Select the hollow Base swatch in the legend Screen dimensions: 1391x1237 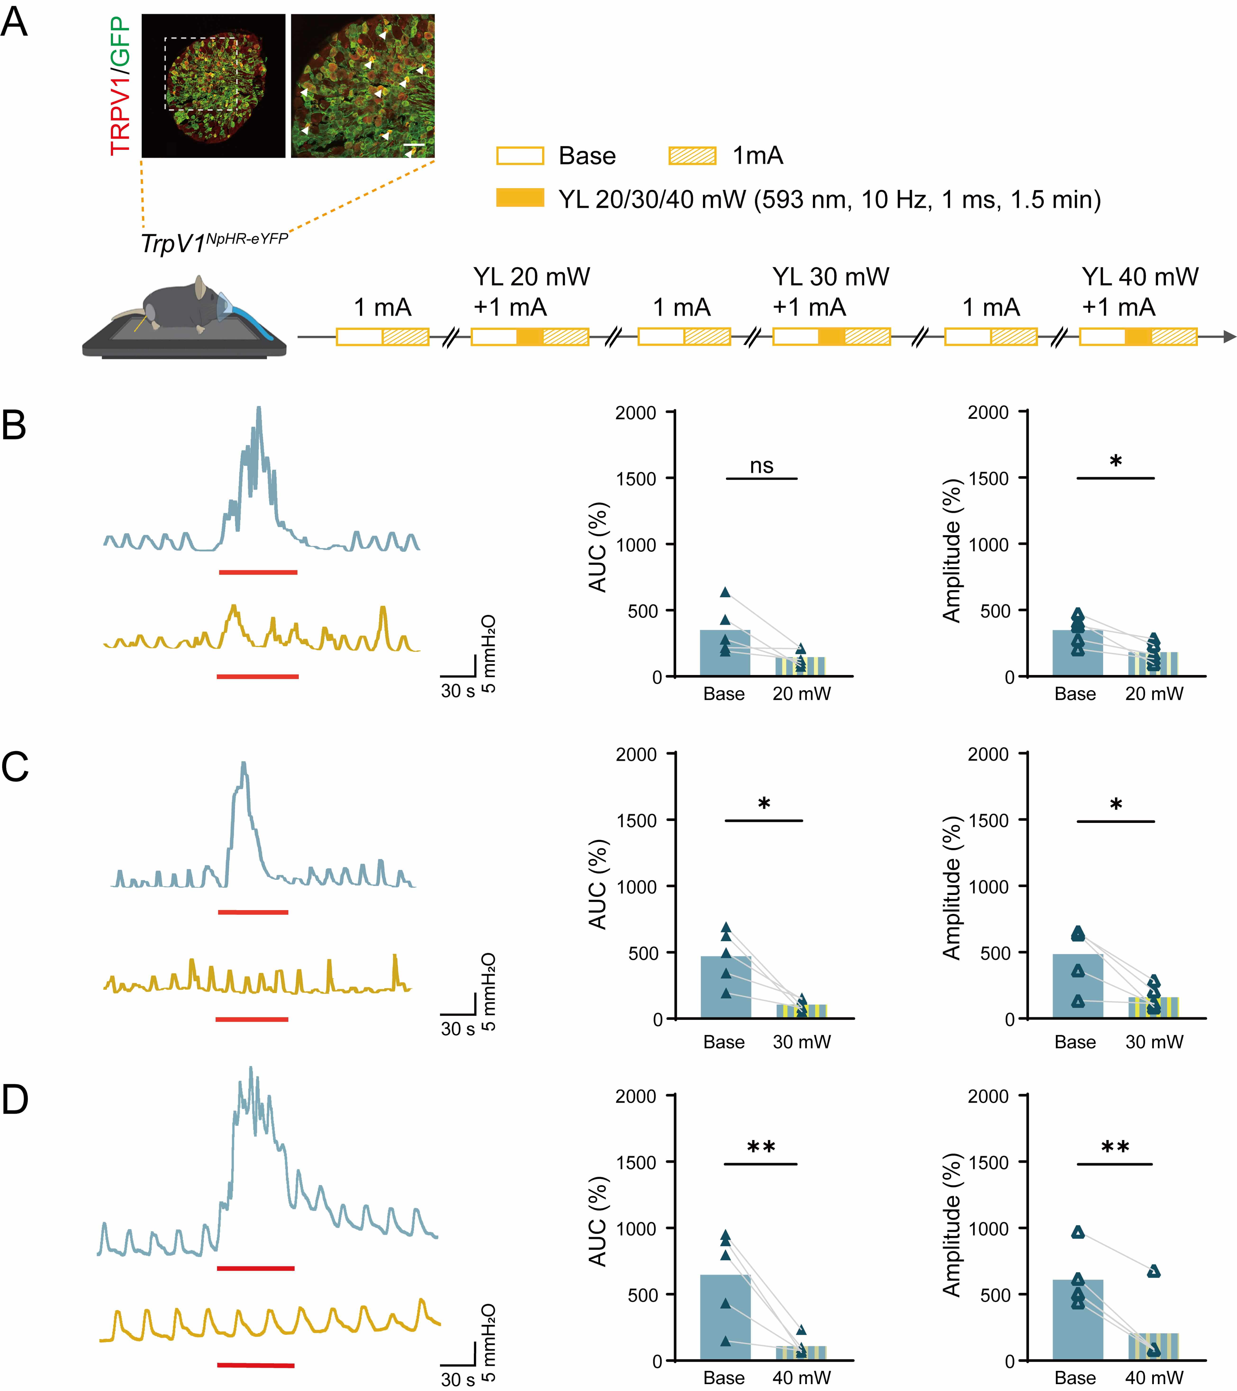pyautogui.click(x=520, y=156)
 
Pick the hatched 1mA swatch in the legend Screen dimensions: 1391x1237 pyautogui.click(x=692, y=156)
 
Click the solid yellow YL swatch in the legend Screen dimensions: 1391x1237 pyautogui.click(x=520, y=198)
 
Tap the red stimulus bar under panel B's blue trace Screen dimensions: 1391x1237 pyautogui.click(x=258, y=572)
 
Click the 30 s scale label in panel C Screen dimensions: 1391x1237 pyautogui.click(x=457, y=1029)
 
